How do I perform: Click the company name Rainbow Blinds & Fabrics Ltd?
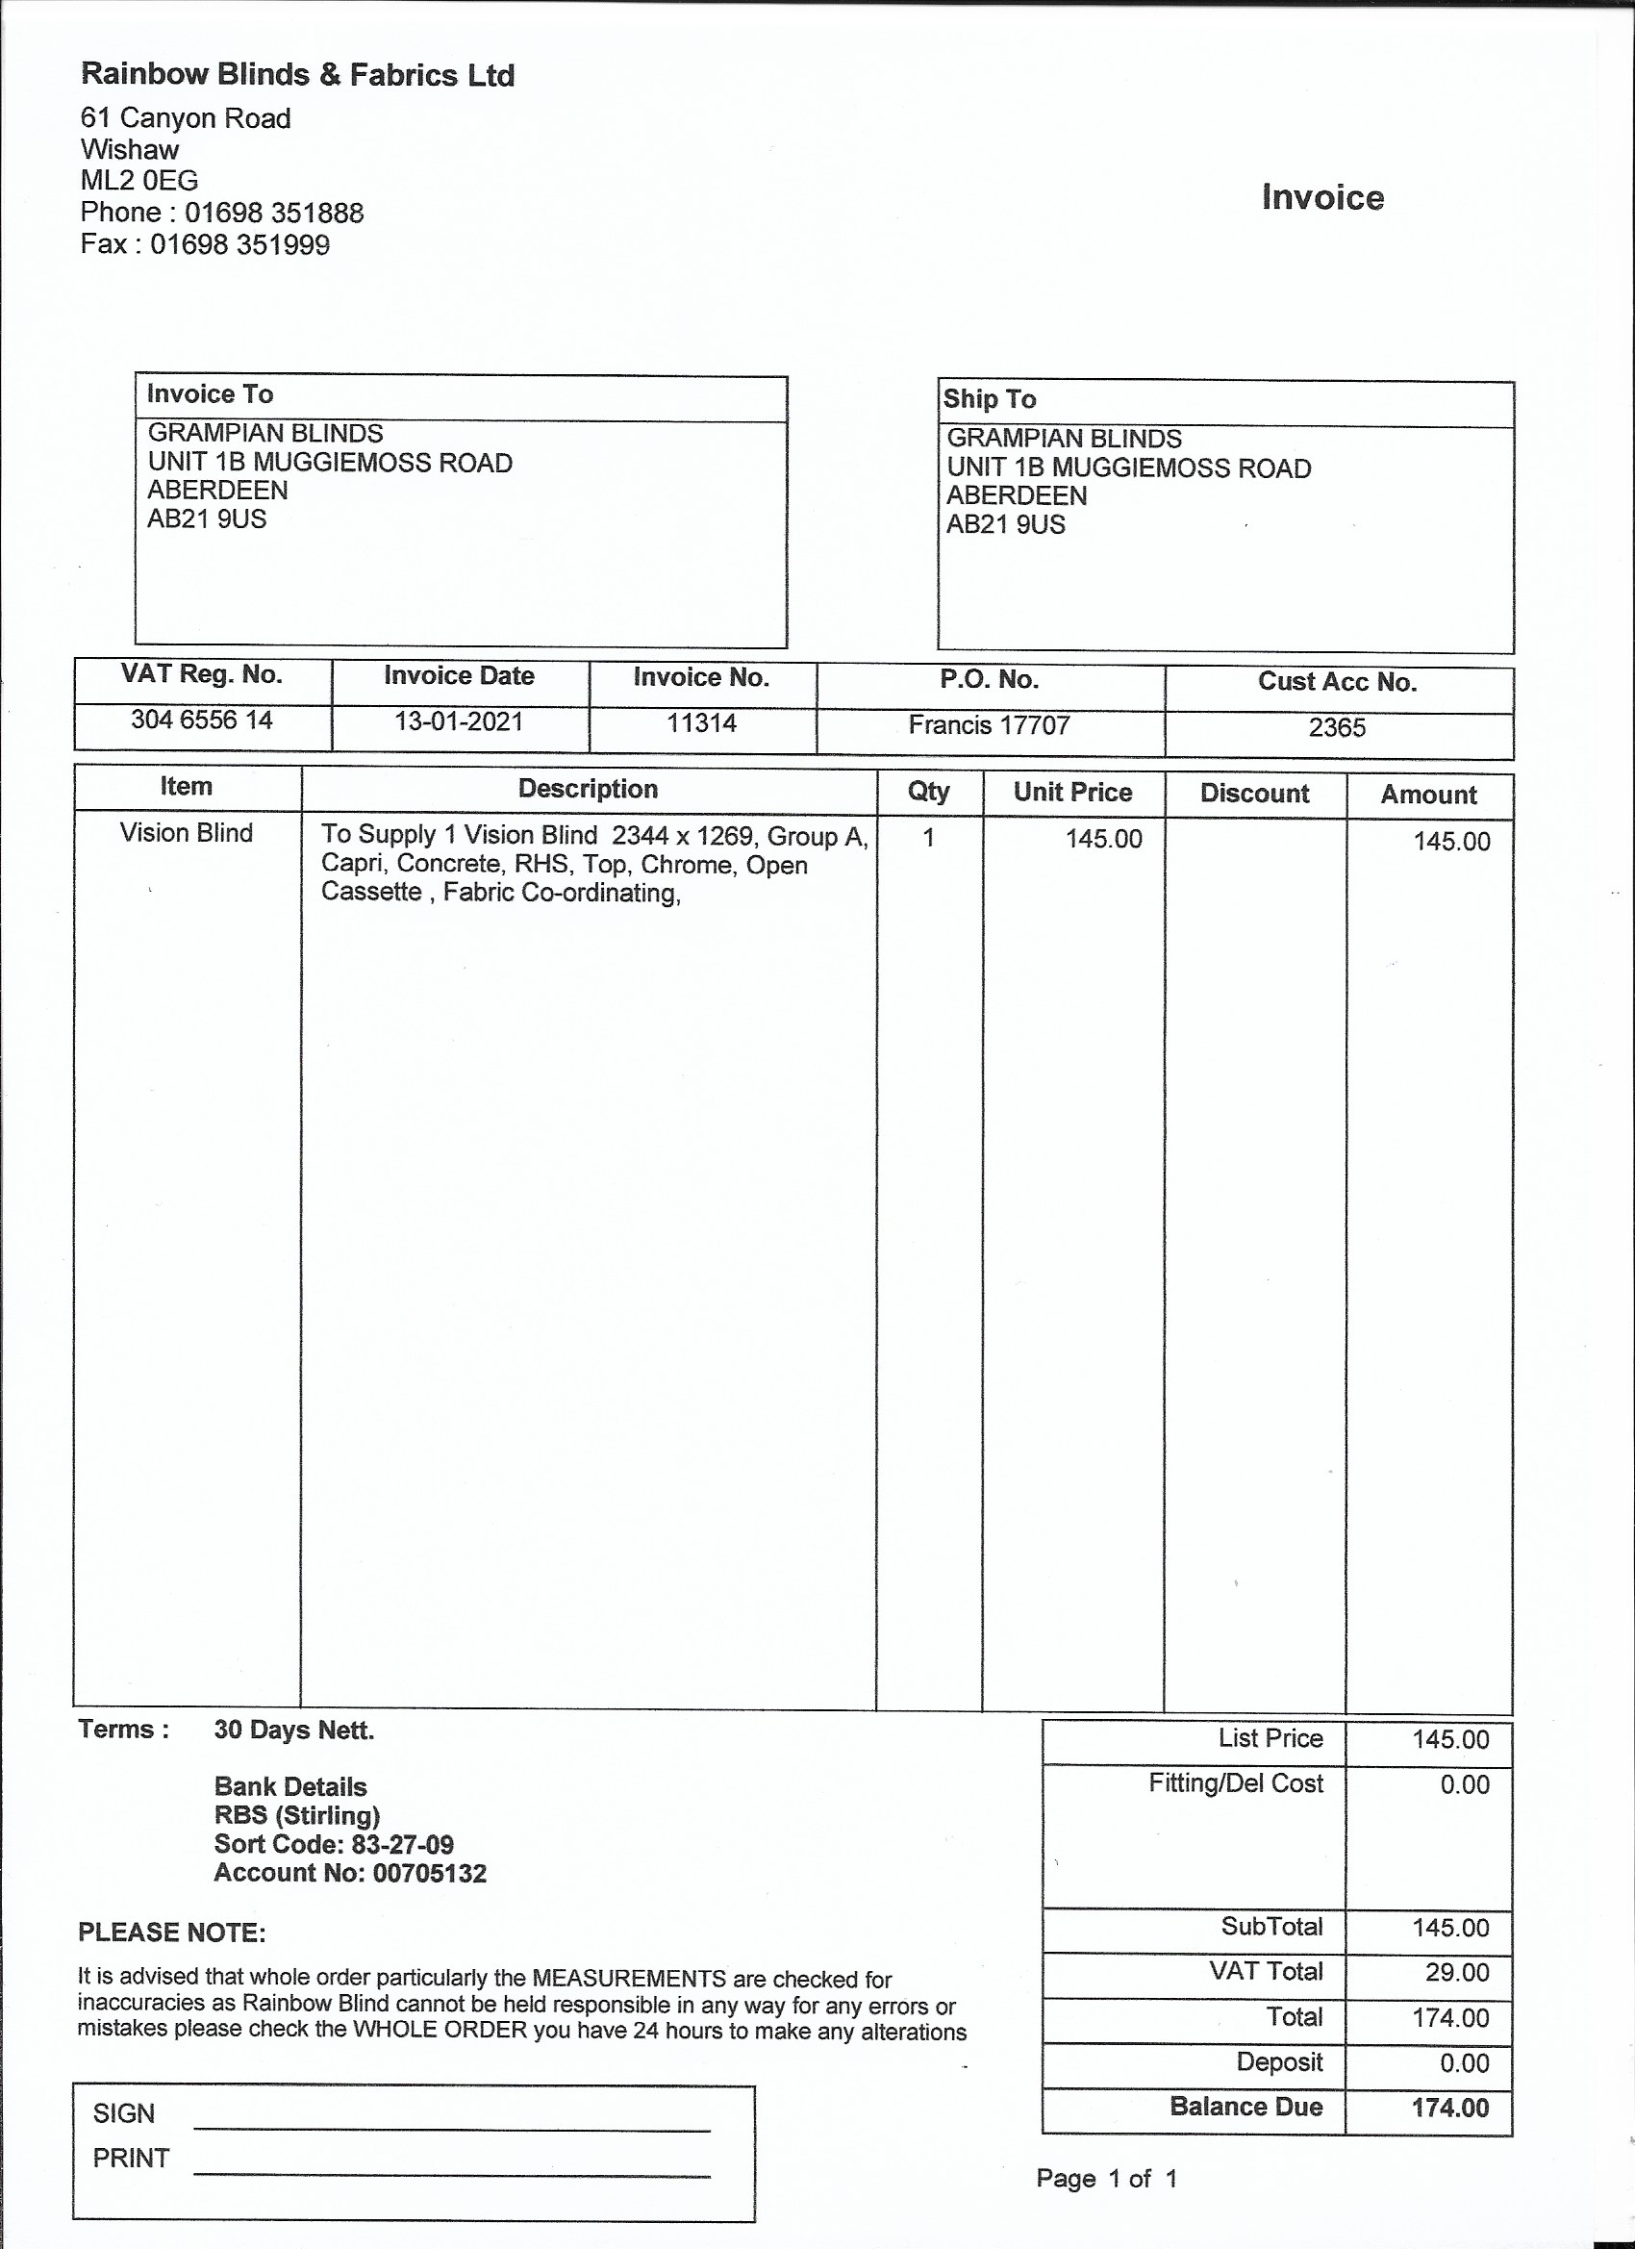[x=297, y=75]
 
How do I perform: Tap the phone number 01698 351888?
[x=274, y=214]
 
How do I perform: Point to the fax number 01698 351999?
[x=239, y=245]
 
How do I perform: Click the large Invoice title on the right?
[x=1321, y=197]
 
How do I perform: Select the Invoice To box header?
[x=211, y=394]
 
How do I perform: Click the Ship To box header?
[x=990, y=399]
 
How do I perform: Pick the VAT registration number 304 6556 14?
[x=201, y=720]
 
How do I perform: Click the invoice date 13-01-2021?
[x=458, y=721]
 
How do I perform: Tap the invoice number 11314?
[x=701, y=723]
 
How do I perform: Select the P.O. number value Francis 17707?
[x=989, y=726]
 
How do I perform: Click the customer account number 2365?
[x=1337, y=728]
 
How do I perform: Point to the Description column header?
[x=588, y=790]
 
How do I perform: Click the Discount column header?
[x=1254, y=794]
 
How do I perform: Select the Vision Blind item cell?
[x=187, y=833]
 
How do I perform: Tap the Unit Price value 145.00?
[x=1103, y=839]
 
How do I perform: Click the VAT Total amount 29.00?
[x=1456, y=1972]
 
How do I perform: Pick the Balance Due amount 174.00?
[x=1449, y=2108]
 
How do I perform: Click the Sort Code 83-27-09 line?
[x=334, y=1844]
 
